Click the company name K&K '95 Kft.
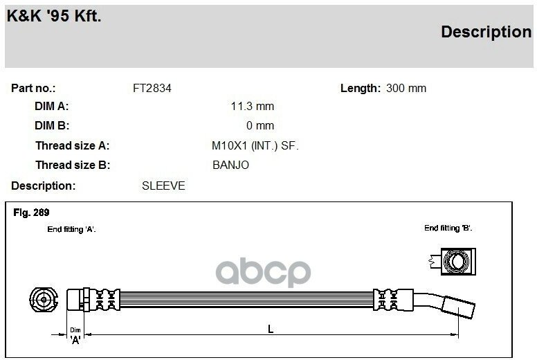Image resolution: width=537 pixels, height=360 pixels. pos(54,16)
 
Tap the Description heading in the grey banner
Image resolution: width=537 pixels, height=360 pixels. pos(486,33)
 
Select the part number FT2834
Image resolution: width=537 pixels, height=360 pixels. pos(152,89)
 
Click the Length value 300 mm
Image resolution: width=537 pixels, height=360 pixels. pos(406,89)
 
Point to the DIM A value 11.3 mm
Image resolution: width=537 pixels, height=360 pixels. pos(253,106)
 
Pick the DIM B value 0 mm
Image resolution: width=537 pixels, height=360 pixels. pos(260,125)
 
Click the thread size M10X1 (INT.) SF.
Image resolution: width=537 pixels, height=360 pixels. pos(255,146)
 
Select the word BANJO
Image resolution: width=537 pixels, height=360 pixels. pos(231,165)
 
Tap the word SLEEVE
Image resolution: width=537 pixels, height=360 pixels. pos(163,186)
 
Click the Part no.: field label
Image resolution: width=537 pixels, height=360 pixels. pos(33,89)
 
